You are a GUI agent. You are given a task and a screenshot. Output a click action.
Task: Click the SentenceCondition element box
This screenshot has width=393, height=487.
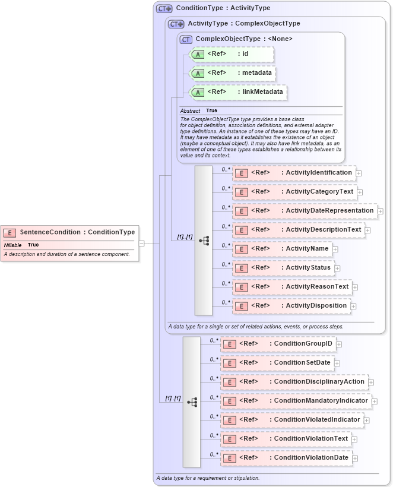(69, 232)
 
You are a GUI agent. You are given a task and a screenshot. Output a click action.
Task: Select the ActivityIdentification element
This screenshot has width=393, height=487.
(294, 173)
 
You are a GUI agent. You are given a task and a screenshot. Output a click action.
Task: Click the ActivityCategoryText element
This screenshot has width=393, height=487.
(294, 192)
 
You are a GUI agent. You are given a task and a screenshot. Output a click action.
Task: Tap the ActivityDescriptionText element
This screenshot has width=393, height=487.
(299, 230)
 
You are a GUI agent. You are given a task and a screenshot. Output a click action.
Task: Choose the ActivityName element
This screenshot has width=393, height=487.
(282, 249)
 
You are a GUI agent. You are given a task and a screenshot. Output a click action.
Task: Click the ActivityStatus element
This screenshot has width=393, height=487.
(283, 268)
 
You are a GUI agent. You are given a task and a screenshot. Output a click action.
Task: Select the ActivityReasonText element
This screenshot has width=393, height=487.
(292, 287)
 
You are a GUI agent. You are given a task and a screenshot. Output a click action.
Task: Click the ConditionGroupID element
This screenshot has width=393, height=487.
(278, 344)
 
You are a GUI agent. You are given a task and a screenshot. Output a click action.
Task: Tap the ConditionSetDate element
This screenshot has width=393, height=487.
(277, 363)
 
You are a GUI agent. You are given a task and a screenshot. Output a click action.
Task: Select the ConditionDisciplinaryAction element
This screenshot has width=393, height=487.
(294, 382)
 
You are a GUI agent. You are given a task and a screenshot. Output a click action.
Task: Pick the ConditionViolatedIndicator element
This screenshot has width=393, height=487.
(291, 420)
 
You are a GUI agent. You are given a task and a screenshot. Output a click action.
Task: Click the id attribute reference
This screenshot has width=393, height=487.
(231, 54)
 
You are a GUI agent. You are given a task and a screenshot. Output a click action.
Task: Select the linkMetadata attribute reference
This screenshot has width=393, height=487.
(237, 92)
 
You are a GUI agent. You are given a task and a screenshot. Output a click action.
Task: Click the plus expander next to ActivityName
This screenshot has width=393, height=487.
(335, 249)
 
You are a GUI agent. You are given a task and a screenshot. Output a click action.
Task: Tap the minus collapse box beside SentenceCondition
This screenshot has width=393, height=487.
(142, 243)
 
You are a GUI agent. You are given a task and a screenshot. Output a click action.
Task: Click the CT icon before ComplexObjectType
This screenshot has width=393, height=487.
(186, 39)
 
